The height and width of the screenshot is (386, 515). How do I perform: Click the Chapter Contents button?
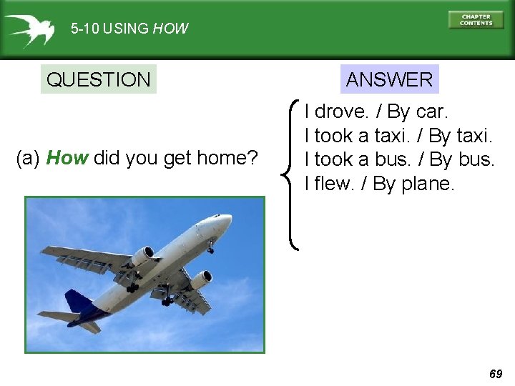476,20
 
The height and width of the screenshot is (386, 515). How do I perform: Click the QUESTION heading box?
98,79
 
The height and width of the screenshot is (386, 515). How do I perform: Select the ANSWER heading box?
389,79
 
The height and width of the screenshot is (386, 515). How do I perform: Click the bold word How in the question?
67,158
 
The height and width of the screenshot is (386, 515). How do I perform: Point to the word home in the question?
227,158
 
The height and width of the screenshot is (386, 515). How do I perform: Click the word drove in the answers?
340,112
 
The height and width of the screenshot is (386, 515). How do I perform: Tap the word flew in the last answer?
335,184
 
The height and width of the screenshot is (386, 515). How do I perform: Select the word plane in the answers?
427,184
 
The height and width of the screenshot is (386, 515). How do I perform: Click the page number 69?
496,374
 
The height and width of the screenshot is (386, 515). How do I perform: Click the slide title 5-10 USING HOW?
129,29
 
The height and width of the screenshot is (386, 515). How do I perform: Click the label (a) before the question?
28,158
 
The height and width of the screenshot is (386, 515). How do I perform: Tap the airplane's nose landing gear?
211,248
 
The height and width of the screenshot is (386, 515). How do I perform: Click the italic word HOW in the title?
171,29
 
